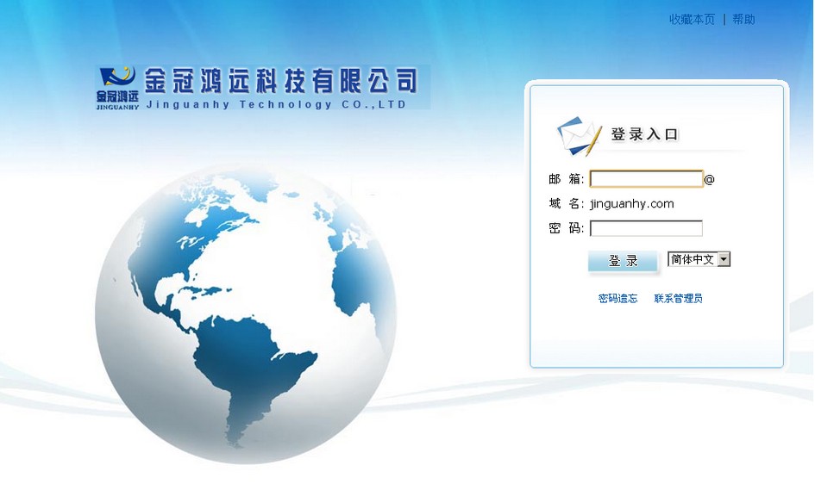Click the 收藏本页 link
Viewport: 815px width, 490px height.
(x=692, y=20)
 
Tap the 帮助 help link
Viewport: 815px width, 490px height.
(x=743, y=20)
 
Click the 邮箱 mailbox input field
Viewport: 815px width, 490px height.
(x=647, y=179)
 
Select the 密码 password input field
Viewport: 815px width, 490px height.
(x=647, y=228)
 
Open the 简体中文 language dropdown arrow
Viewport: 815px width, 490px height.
(x=724, y=259)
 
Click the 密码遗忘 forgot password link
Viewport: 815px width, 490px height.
(x=618, y=299)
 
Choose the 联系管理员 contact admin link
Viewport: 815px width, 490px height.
(x=678, y=299)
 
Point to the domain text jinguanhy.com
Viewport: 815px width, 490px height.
(x=632, y=203)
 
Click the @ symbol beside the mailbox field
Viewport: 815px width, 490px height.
(x=710, y=180)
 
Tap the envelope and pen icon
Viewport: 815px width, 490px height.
(x=579, y=136)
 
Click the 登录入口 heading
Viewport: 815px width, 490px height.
(x=644, y=134)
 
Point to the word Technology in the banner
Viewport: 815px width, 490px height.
(x=285, y=104)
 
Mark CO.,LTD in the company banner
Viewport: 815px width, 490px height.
(x=373, y=104)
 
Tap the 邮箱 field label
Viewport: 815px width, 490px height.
(x=567, y=179)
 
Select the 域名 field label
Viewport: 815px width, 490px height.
(x=567, y=203)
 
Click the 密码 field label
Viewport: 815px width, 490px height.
(x=567, y=228)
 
